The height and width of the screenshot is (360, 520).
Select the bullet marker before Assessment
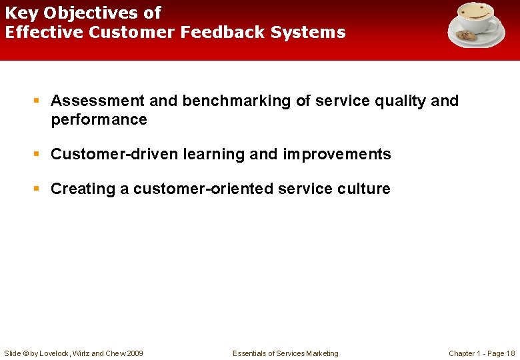(x=38, y=101)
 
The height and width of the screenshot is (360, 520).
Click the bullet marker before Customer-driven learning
(x=38, y=155)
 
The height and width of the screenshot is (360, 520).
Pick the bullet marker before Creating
(x=38, y=189)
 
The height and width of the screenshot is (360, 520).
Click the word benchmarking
(x=237, y=101)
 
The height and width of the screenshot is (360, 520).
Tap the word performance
(x=99, y=120)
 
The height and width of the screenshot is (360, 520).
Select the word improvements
(x=337, y=155)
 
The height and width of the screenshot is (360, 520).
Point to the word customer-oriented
(x=203, y=189)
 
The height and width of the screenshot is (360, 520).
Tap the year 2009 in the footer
(x=133, y=353)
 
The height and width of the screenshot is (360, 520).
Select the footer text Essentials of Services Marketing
(x=285, y=353)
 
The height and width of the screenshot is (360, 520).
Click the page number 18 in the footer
(x=510, y=353)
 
